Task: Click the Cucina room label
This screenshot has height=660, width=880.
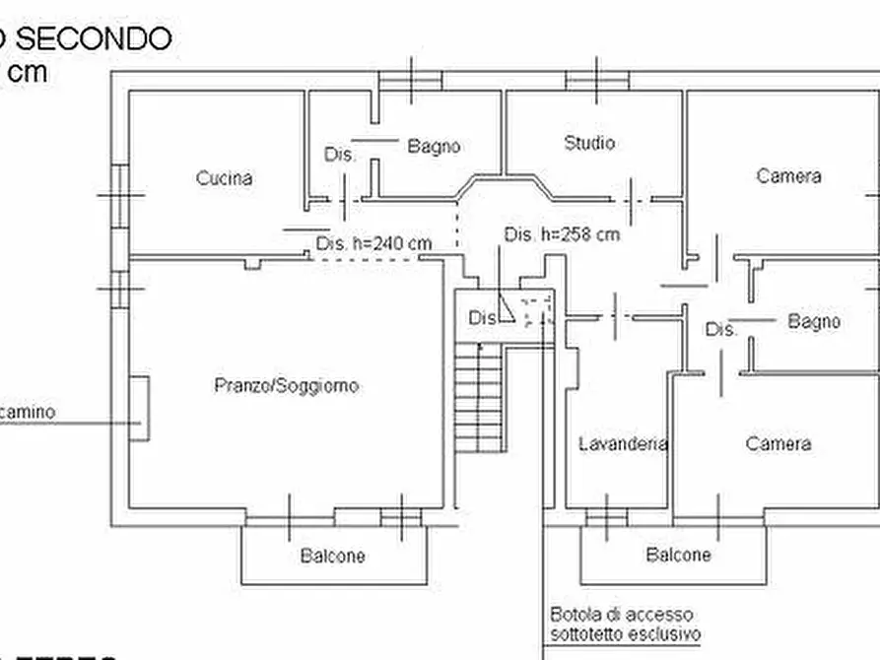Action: click(224, 178)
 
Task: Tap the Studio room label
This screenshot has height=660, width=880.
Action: click(589, 143)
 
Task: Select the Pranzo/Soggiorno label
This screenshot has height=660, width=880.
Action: click(286, 385)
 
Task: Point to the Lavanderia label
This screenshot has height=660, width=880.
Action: click(623, 443)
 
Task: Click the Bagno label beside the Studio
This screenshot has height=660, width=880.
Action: click(434, 146)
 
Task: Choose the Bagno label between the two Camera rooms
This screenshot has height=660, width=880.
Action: click(814, 321)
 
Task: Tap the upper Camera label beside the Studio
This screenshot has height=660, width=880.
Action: click(788, 176)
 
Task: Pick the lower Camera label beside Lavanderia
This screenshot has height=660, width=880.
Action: click(778, 443)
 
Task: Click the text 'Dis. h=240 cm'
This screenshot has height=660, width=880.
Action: click(373, 243)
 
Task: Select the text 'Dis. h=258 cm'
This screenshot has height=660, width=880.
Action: click(562, 234)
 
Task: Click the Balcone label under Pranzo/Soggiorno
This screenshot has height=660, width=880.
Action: click(332, 556)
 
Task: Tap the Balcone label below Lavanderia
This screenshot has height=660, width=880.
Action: click(678, 555)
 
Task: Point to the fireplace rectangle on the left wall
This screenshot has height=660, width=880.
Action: click(140, 407)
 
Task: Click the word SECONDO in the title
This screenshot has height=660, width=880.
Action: click(95, 38)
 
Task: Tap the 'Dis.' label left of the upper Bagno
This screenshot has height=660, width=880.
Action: click(339, 155)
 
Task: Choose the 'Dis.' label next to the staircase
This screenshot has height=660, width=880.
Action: click(483, 318)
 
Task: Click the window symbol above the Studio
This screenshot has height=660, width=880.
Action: click(597, 79)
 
